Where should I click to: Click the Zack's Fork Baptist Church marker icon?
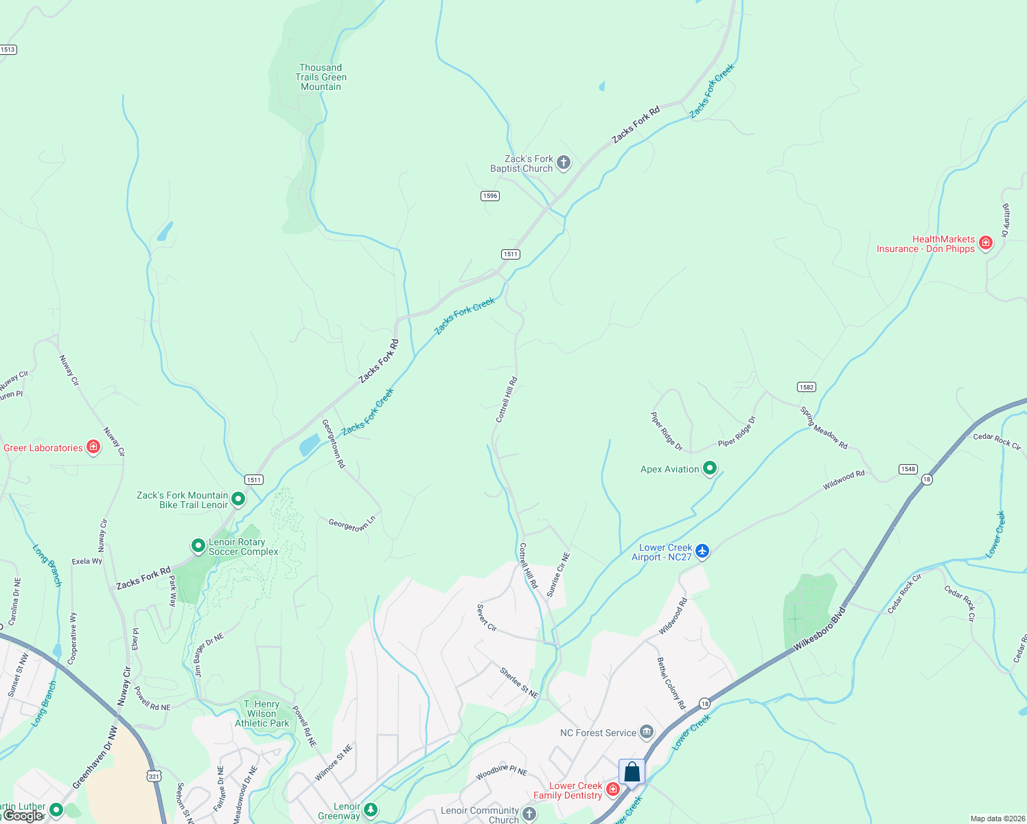click(x=563, y=163)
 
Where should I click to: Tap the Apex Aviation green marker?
click(x=710, y=468)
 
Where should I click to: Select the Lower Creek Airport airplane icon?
click(x=702, y=551)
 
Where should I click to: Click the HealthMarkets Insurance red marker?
click(x=985, y=243)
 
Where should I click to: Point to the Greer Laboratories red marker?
click(x=93, y=447)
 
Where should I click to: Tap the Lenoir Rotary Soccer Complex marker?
click(x=198, y=546)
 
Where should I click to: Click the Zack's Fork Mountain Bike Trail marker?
click(x=238, y=499)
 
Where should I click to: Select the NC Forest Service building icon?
click(x=647, y=732)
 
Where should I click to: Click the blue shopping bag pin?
click(x=632, y=772)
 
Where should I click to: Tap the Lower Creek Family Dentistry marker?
click(x=613, y=790)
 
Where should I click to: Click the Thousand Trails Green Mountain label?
click(x=321, y=77)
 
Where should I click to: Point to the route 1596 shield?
click(x=489, y=196)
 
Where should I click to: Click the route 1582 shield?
click(x=807, y=387)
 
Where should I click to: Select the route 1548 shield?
click(x=908, y=469)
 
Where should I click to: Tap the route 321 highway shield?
click(x=154, y=776)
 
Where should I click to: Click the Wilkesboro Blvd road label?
click(x=819, y=628)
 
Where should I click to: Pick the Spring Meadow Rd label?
click(x=824, y=428)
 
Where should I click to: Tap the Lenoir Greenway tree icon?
click(x=371, y=811)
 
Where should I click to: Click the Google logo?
click(x=23, y=816)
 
